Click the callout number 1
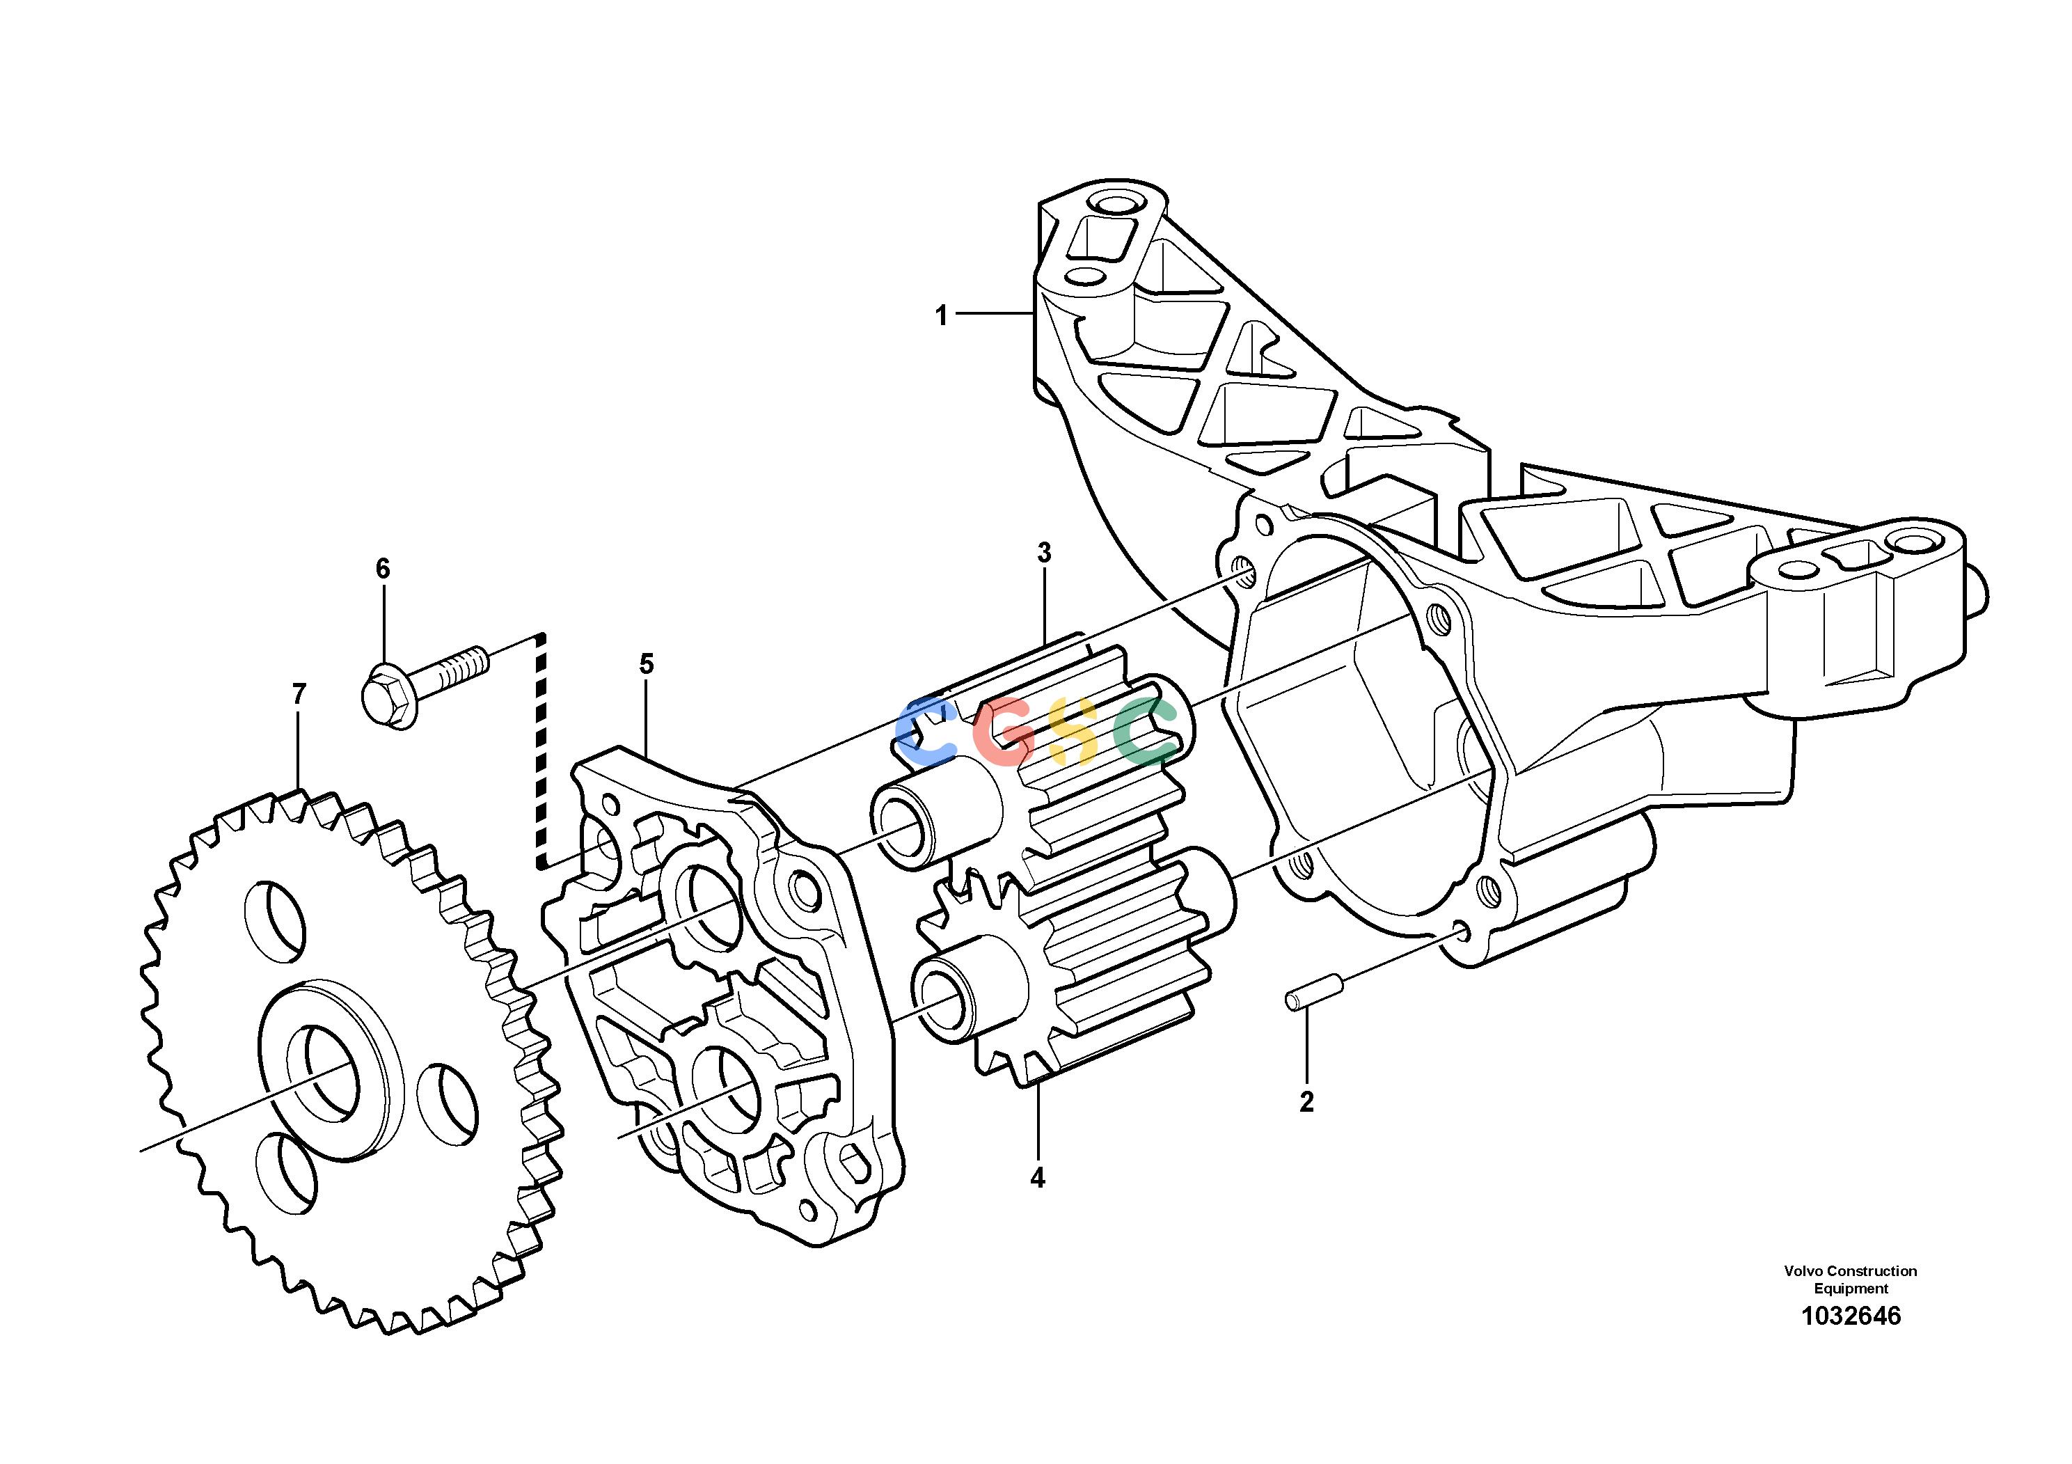click(941, 316)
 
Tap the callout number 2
click(1306, 1101)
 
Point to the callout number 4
click(1038, 1178)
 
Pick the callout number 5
click(646, 664)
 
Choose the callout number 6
click(383, 569)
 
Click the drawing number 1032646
click(1851, 1316)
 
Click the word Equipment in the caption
click(1851, 1289)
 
